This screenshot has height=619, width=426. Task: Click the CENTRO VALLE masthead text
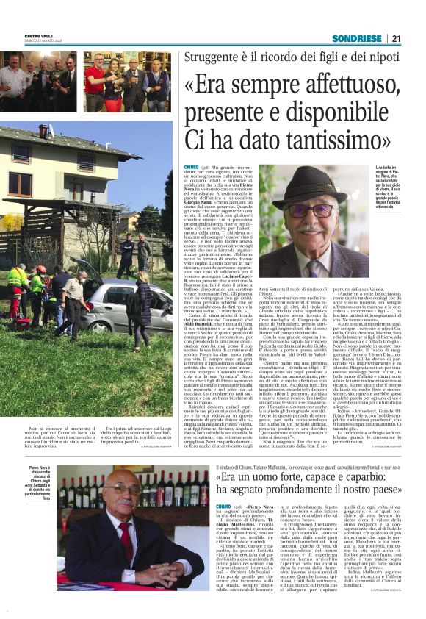coord(39,35)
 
